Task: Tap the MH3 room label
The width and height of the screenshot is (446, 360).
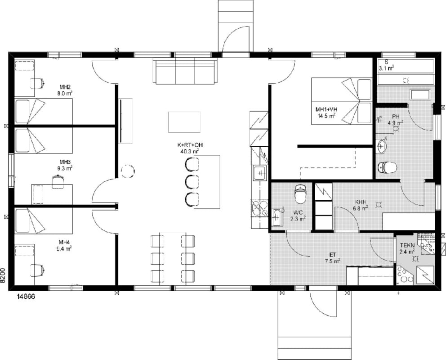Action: pyautogui.click(x=65, y=162)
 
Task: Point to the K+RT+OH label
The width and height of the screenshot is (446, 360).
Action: pyautogui.click(x=190, y=145)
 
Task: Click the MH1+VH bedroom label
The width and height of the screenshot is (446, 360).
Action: pyautogui.click(x=326, y=109)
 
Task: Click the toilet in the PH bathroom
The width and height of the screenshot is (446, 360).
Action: pyautogui.click(x=388, y=167)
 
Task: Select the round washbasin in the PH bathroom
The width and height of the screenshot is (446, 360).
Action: pyautogui.click(x=381, y=146)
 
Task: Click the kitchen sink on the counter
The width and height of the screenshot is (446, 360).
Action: pyautogui.click(x=259, y=173)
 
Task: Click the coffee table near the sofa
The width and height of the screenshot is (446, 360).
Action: pyautogui.click(x=184, y=122)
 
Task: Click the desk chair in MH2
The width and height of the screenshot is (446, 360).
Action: pyautogui.click(x=38, y=83)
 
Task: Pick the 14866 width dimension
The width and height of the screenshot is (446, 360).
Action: pyautogui.click(x=26, y=297)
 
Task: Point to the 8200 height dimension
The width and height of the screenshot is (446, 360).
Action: pyautogui.click(x=3, y=275)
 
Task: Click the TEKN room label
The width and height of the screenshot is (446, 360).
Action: pyautogui.click(x=407, y=245)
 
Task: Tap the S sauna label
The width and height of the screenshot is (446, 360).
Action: pyautogui.click(x=386, y=62)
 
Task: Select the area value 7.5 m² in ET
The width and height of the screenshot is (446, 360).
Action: pyautogui.click(x=333, y=261)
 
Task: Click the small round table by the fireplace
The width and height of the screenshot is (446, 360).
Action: pyautogui.click(x=128, y=171)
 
